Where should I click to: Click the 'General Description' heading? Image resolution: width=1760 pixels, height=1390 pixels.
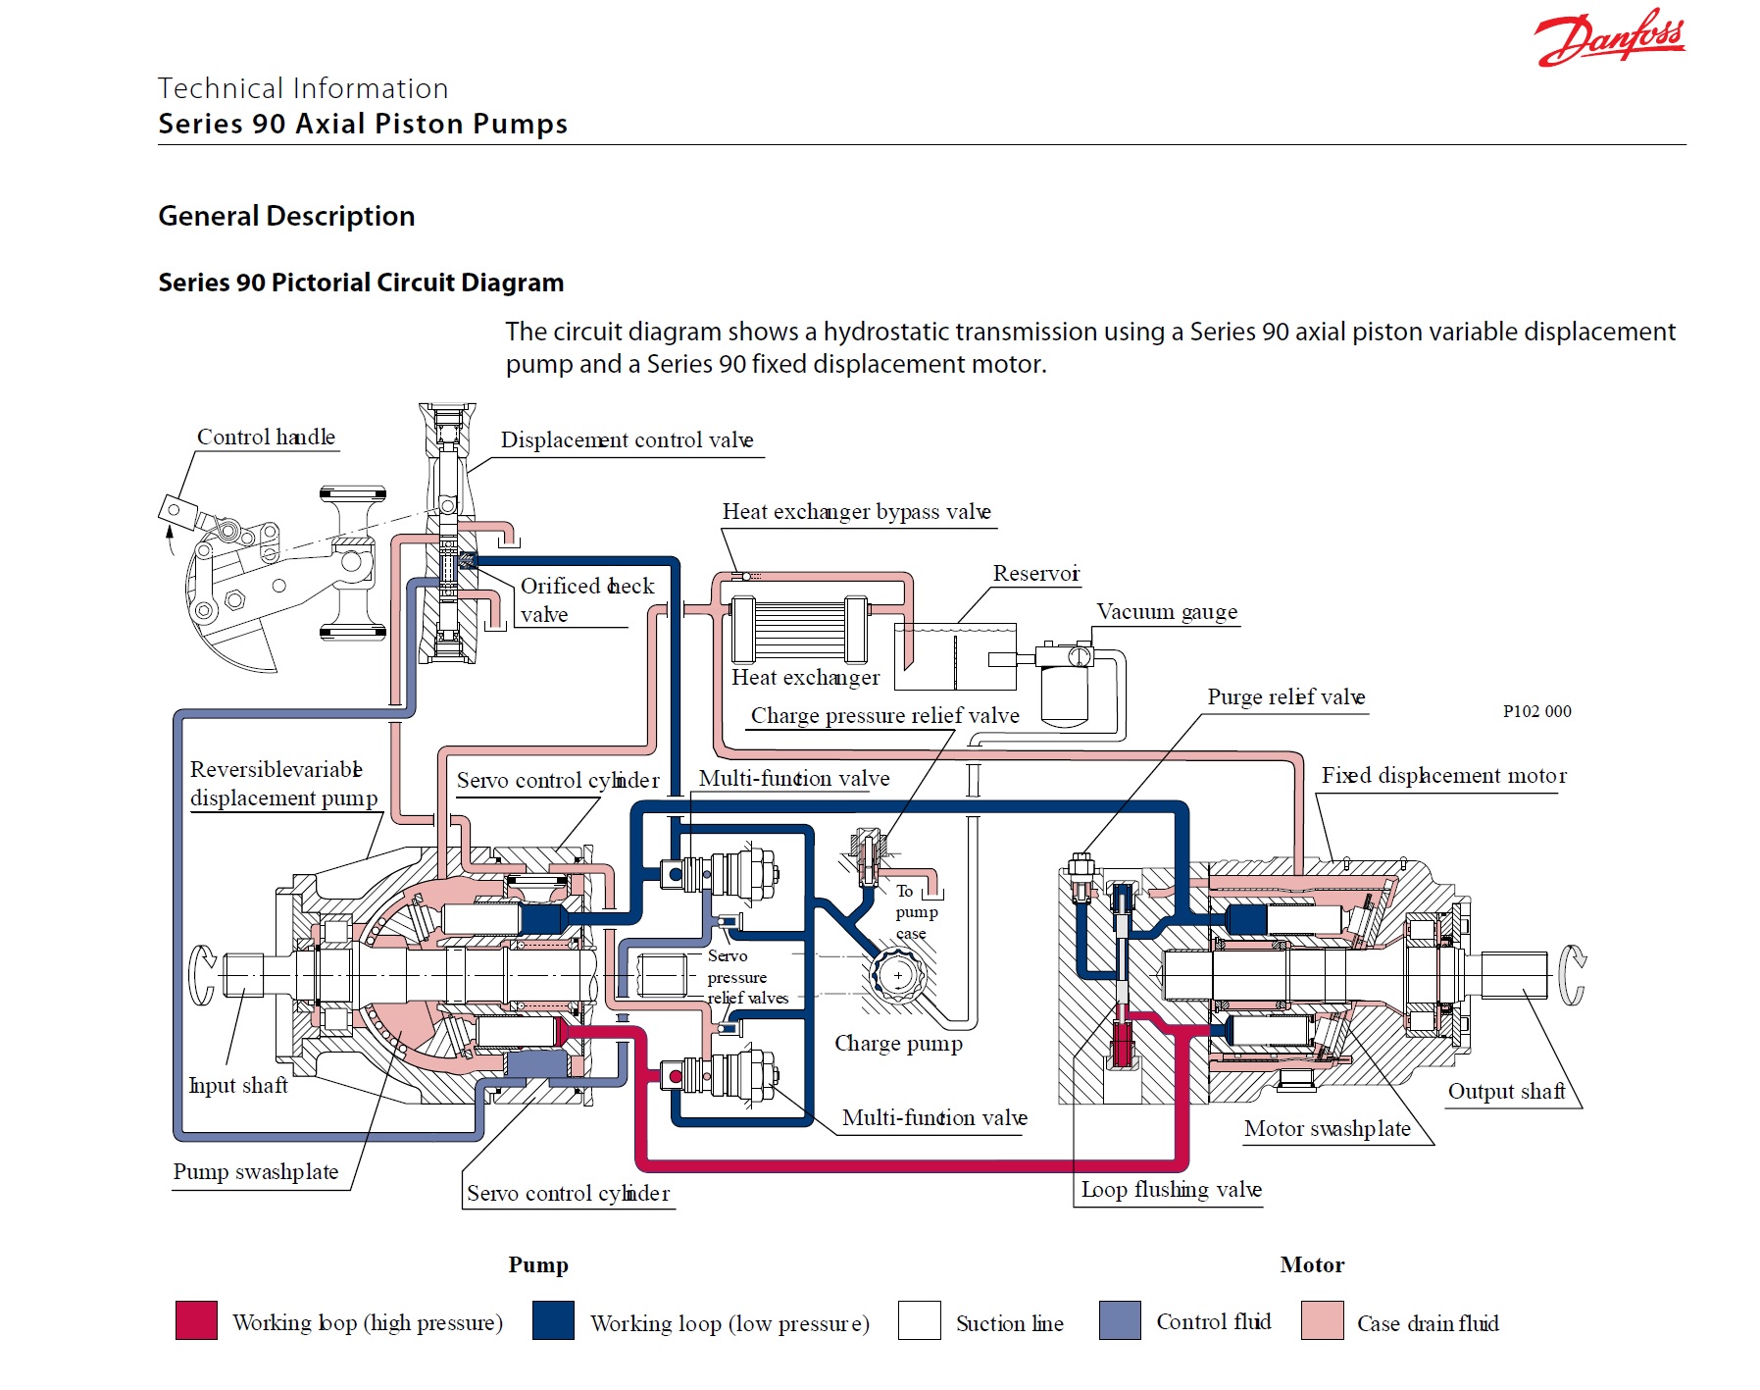pos(286,216)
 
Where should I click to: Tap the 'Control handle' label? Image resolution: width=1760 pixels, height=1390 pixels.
pos(266,437)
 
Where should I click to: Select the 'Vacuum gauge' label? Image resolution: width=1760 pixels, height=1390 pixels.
pos(1166,612)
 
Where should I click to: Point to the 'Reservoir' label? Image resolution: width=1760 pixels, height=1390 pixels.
pos(1035,573)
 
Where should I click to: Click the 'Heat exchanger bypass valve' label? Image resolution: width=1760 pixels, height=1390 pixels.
pos(856,512)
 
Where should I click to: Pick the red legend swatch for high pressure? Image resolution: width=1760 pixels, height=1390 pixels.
pos(196,1320)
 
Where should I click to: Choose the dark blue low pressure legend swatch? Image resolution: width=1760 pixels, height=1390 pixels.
pos(553,1320)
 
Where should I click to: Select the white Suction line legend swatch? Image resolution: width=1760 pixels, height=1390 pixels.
pos(919,1320)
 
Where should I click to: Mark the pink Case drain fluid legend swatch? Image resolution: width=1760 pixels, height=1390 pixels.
pos(1322,1320)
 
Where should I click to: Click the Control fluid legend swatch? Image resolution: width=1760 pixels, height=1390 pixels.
pos(1120,1320)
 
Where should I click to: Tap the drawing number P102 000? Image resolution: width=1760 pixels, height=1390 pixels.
pos(1536,711)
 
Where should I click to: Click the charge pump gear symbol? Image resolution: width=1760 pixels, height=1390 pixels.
pos(898,975)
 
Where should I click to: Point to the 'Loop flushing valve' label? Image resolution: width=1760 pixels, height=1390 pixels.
pos(1171,1190)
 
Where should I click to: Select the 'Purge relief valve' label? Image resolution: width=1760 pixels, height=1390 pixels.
pos(1285,697)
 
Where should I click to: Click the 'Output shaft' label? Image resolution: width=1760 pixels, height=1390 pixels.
pos(1506,1091)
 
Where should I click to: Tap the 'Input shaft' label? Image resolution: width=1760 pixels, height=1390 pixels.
pos(238,1085)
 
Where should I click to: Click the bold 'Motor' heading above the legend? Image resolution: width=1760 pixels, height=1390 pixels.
pos(1312,1264)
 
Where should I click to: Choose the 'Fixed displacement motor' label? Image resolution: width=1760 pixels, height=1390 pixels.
pos(1443,776)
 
